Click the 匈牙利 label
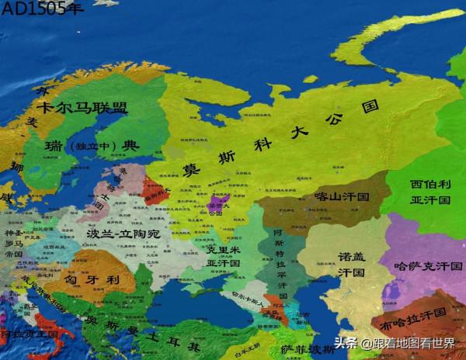tap(91, 278)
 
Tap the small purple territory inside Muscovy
tap(219, 203)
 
